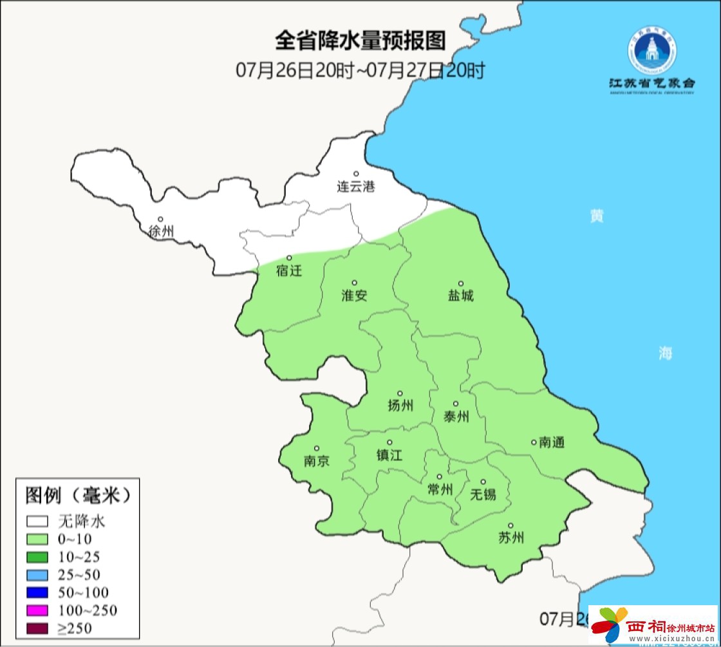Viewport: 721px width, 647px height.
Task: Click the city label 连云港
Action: [x=355, y=187]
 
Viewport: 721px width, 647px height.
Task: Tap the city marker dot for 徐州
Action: [x=161, y=220]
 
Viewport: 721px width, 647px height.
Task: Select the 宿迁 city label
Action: [x=289, y=271]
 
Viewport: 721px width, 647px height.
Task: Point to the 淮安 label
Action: [x=354, y=296]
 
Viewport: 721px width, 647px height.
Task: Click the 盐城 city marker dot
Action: [x=461, y=283]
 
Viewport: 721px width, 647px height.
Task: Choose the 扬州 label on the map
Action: [x=400, y=406]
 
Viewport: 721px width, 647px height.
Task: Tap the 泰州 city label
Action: [x=456, y=417]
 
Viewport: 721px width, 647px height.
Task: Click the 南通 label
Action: [x=552, y=442]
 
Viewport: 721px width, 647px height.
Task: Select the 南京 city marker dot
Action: [x=317, y=449]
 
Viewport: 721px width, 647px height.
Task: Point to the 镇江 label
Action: [x=389, y=455]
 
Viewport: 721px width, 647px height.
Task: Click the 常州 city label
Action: [x=440, y=490]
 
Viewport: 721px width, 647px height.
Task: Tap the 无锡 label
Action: [x=483, y=494]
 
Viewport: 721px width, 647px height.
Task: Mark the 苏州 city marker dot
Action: [x=510, y=526]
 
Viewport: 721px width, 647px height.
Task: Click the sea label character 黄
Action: [x=597, y=216]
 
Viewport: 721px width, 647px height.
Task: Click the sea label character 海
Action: [x=665, y=353]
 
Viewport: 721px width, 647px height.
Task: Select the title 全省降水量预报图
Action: [x=360, y=41]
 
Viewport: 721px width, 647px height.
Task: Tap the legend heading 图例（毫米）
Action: [x=78, y=494]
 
